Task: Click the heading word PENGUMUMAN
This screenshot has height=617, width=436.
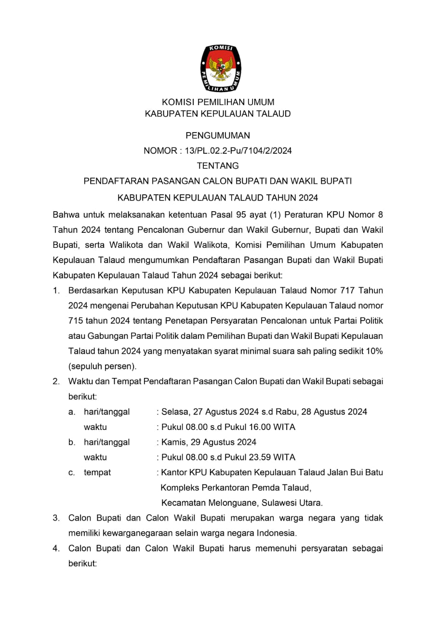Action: coord(218,135)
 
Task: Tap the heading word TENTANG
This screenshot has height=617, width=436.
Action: coord(218,166)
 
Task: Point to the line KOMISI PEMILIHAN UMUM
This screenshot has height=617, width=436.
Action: coord(218,102)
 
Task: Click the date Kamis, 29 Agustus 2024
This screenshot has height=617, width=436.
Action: coord(209,442)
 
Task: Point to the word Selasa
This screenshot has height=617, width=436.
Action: coord(176,412)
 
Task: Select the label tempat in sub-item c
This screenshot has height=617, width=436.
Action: coord(97,472)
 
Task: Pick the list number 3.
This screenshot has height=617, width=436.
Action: coord(56,518)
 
